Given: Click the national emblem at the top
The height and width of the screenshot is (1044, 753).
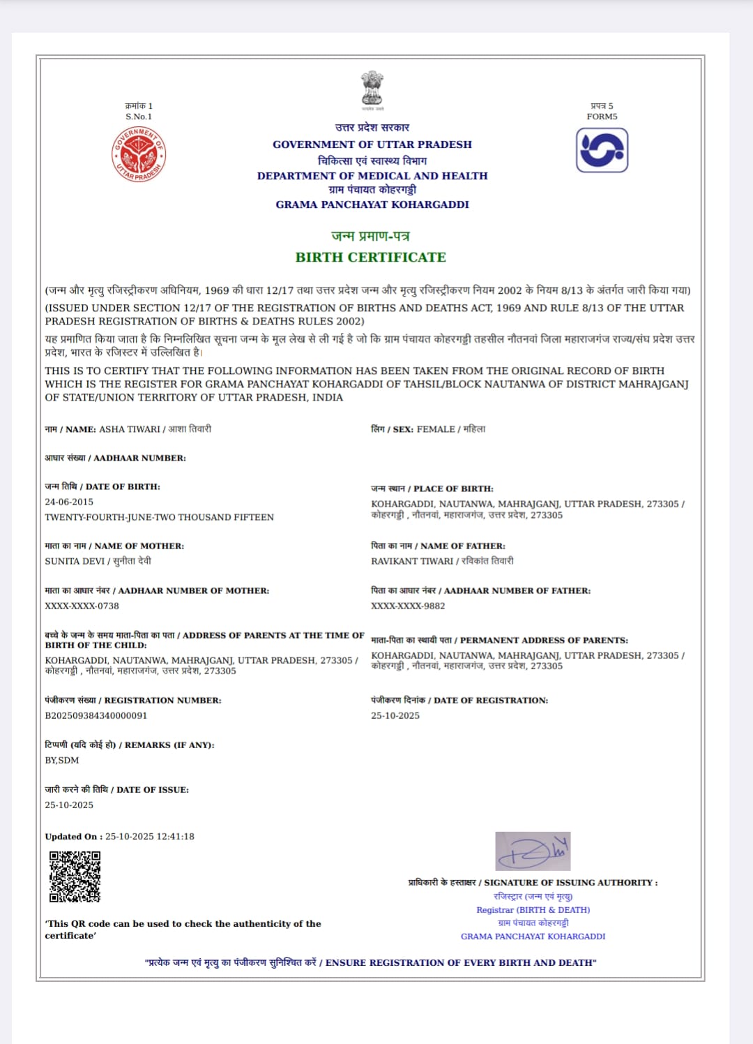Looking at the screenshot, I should click(372, 89).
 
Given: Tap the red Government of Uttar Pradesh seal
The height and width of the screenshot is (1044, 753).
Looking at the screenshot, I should click(139, 154).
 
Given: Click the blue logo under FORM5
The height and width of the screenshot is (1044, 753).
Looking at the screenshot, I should click(602, 149).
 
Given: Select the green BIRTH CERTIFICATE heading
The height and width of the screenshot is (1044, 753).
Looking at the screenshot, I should click(370, 257).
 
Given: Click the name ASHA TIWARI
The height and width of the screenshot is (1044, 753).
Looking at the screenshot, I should click(130, 429).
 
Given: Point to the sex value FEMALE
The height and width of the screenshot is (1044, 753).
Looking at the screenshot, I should click(436, 429).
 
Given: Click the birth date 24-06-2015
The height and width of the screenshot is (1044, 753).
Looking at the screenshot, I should click(69, 502).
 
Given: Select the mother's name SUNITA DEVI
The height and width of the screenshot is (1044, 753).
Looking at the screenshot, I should click(75, 561).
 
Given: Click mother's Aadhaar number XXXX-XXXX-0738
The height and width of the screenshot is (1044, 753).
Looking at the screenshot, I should click(82, 606).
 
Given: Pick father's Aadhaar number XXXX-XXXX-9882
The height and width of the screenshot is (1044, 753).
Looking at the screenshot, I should click(408, 606).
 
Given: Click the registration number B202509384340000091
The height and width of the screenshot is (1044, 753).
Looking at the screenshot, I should click(96, 715).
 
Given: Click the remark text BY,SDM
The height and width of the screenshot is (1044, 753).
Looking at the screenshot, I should click(62, 760).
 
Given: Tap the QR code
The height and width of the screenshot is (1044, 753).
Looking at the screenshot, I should click(75, 877).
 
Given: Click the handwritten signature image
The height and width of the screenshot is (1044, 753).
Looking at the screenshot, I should click(533, 851).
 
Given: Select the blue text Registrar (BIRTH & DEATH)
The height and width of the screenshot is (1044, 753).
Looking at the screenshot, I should click(533, 910).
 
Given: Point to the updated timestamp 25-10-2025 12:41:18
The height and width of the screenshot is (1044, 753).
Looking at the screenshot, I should click(150, 836).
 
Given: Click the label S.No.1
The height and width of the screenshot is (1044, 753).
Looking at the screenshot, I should click(139, 117).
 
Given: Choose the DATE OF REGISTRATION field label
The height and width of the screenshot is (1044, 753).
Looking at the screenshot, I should click(491, 700).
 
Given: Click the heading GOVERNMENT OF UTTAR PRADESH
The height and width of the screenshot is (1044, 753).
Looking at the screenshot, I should click(372, 144).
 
